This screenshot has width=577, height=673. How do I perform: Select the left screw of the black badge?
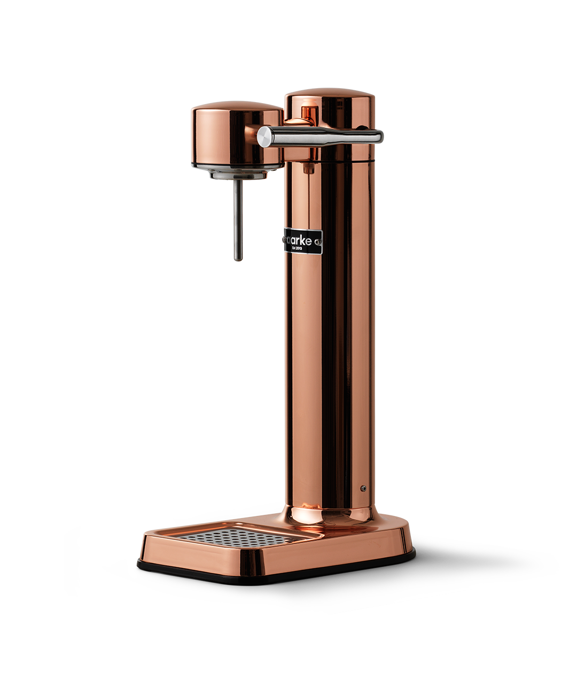tap(285, 241)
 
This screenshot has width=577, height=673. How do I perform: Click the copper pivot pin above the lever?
tap(308, 115)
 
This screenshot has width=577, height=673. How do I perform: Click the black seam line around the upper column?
tap(342, 159)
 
